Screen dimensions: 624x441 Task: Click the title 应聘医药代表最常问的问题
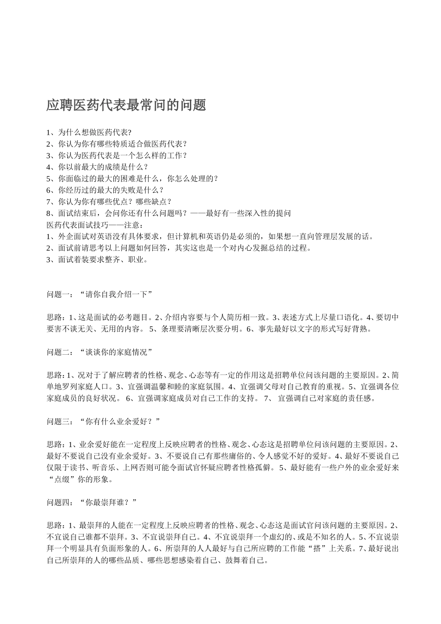coord(126,105)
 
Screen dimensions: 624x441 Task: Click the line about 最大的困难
coord(132,179)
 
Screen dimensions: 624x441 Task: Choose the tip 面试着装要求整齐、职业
coord(97,260)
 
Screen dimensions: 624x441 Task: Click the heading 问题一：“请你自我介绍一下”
coord(100,294)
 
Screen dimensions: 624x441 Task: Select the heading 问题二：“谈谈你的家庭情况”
coord(100,352)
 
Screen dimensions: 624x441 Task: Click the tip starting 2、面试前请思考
coord(179,248)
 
